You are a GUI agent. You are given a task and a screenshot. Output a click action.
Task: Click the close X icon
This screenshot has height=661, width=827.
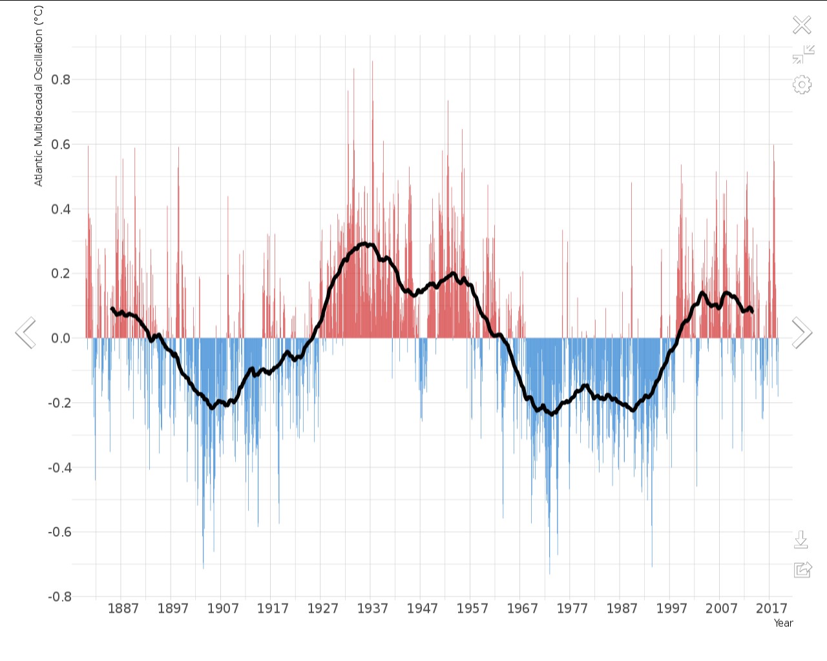[802, 25]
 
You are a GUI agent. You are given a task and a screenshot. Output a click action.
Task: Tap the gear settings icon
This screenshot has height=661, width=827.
[802, 85]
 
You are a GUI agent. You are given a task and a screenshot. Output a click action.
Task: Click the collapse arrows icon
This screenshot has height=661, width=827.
[803, 54]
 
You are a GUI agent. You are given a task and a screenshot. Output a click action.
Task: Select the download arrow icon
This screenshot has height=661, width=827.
[801, 540]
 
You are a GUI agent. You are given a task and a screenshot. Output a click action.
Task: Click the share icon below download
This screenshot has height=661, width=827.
[802, 569]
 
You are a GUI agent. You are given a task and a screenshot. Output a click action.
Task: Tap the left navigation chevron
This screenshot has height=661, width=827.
[26, 333]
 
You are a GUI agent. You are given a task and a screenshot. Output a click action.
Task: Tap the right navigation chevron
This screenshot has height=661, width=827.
[802, 333]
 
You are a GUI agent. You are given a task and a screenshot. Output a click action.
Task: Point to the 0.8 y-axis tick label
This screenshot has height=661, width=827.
[61, 80]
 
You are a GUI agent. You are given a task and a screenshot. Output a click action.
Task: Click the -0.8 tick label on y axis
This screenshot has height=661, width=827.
[59, 596]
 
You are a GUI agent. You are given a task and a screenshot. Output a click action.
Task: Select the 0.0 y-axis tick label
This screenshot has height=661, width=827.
[61, 338]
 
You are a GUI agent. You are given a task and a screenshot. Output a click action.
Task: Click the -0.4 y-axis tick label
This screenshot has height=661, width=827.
[59, 467]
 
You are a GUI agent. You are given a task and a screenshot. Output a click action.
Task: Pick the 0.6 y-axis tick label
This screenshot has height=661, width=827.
[61, 145]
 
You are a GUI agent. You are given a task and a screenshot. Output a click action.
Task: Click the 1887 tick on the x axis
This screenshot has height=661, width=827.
[123, 608]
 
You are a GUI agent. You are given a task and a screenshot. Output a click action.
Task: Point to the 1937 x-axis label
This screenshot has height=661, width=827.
[372, 608]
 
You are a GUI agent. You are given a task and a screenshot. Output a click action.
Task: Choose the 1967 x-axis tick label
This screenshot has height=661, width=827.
[522, 608]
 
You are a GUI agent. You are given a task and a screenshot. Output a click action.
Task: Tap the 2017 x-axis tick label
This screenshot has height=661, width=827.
[771, 608]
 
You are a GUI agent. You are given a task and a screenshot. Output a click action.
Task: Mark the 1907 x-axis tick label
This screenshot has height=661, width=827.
[223, 608]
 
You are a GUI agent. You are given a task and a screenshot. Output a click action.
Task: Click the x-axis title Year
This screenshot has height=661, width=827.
[783, 623]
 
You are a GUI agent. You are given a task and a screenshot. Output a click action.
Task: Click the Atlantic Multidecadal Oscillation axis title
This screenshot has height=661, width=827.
[38, 96]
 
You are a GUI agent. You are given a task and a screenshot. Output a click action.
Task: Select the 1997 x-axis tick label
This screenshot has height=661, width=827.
[672, 608]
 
